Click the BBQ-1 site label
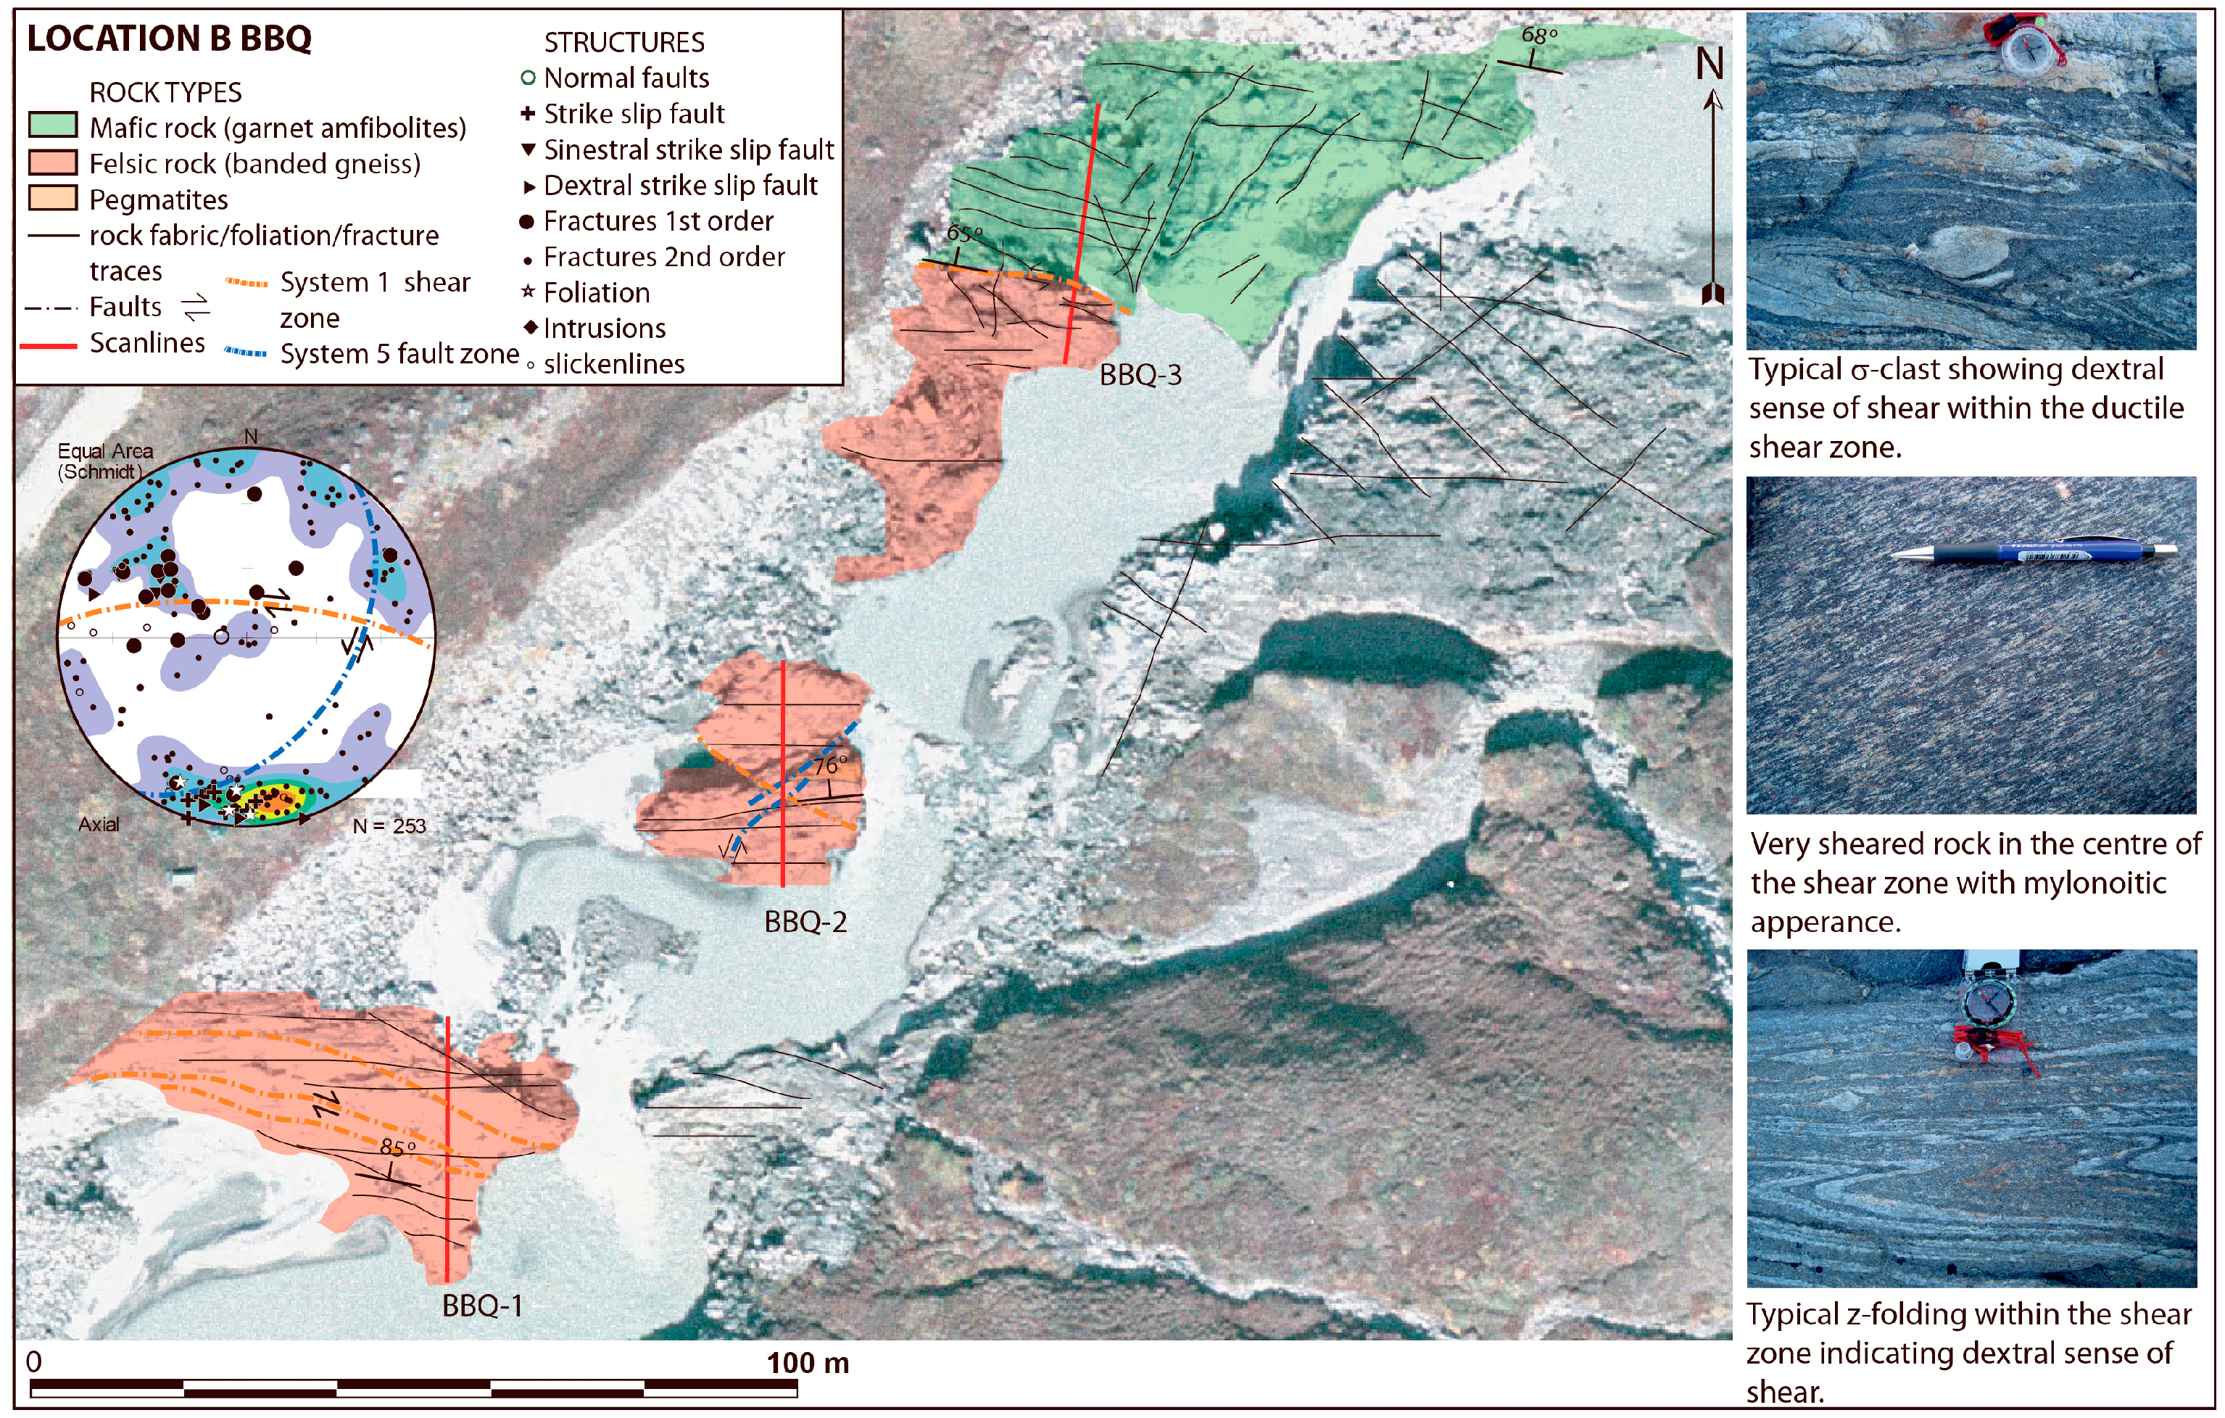[482, 1306]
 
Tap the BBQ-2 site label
[805, 922]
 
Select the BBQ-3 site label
[1140, 374]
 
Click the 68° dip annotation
[1538, 35]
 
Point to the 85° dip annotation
[397, 1147]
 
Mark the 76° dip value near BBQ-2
[830, 765]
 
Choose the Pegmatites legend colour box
[53, 199]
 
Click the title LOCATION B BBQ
[169, 39]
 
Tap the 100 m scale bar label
[807, 1363]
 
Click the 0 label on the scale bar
[34, 1361]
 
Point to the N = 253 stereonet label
[389, 825]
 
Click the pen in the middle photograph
[2033, 552]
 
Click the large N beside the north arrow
[1710, 64]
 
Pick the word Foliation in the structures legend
[596, 293]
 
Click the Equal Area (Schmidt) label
[104, 461]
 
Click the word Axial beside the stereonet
[99, 824]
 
